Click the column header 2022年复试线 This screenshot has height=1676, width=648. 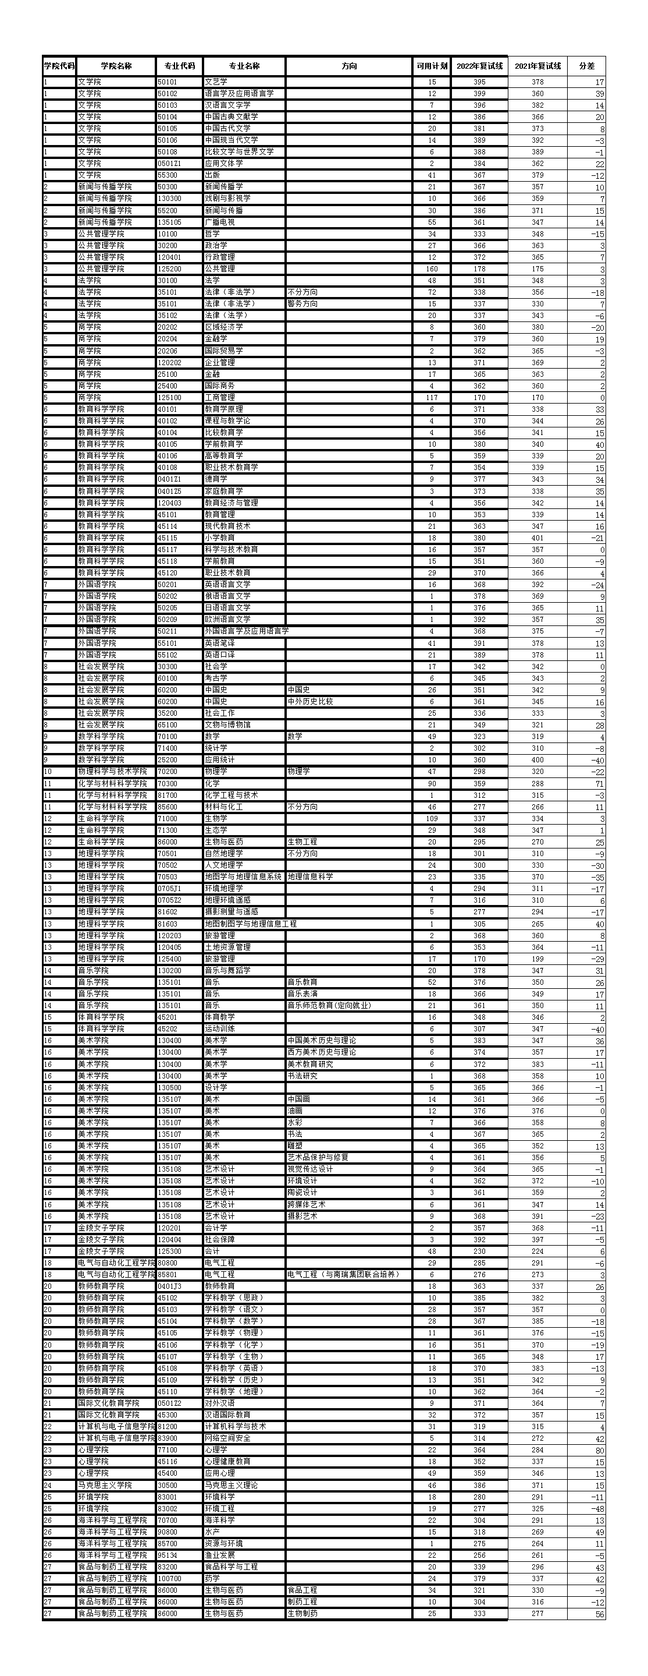tap(479, 66)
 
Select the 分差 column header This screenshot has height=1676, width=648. tap(586, 66)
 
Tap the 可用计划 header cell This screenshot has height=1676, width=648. tap(432, 66)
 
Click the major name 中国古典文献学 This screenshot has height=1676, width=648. tap(232, 117)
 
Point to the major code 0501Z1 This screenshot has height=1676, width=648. tap(169, 163)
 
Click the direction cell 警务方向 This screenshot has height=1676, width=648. tap(302, 304)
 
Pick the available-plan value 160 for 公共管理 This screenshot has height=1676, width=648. tap(432, 268)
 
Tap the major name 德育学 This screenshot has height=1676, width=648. tap(216, 479)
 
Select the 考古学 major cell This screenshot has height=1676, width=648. tap(216, 678)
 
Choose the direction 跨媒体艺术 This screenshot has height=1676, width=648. tap(306, 1204)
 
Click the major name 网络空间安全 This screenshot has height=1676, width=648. tap(227, 1438)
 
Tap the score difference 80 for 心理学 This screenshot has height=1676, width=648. tap(599, 1450)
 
